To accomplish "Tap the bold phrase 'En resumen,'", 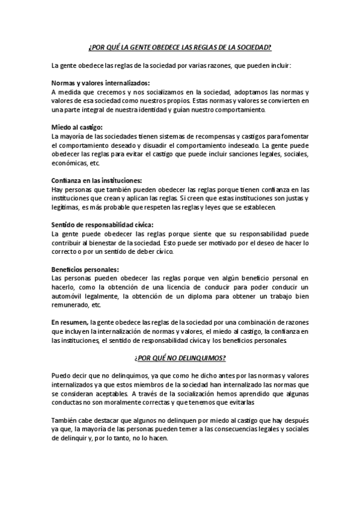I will pyautogui.click(x=70, y=322).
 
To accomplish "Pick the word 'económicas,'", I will pyautogui.click(x=68, y=164).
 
